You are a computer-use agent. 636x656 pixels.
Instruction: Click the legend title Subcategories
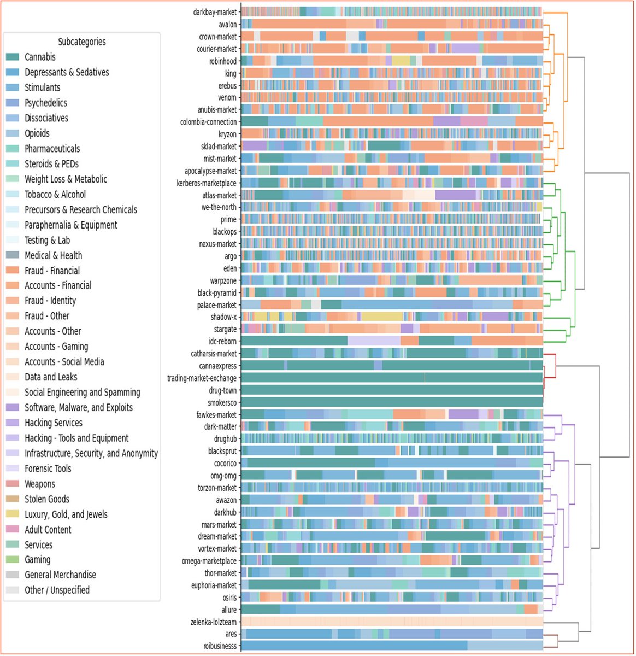coord(82,42)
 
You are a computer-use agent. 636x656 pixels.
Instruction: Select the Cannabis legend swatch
coord(13,57)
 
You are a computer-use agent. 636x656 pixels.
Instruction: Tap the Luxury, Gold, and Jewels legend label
coord(66,514)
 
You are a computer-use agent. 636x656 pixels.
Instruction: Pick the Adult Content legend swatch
coord(13,529)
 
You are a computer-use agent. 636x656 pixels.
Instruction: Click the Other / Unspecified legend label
coord(57,590)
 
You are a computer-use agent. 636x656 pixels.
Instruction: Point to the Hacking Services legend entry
coord(44,423)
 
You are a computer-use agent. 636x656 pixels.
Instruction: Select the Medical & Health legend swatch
coord(13,255)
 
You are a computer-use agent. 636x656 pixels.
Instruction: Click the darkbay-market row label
coord(215,13)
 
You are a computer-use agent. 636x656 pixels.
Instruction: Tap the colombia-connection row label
coord(209,122)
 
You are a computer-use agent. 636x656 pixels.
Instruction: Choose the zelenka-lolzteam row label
coord(214,622)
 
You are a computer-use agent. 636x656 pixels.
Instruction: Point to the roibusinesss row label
coord(220,646)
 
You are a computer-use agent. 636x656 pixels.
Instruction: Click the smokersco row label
coord(222,402)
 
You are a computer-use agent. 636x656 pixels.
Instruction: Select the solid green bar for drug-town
coord(392,390)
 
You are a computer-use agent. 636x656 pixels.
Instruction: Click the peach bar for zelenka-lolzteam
coord(392,622)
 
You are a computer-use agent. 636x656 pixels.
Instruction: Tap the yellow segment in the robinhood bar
coord(401,61)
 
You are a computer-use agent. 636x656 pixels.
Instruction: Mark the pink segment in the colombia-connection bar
coord(474,122)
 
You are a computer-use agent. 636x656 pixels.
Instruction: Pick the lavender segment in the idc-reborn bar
coord(374,341)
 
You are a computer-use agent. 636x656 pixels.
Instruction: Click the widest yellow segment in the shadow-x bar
coord(382,317)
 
